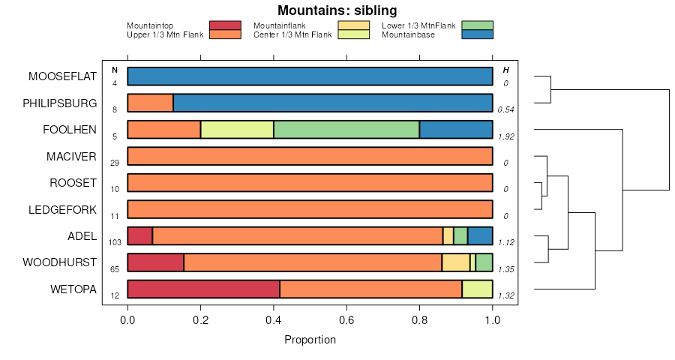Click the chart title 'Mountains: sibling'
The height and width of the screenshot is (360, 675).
337,10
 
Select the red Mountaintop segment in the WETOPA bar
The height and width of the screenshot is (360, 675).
203,289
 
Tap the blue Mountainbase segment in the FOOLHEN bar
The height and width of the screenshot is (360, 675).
456,130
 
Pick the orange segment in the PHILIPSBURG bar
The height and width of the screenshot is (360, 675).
150,103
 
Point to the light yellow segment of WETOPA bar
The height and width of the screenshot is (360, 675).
477,289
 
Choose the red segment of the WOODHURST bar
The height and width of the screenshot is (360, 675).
155,262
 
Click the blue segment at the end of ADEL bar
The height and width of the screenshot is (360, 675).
480,235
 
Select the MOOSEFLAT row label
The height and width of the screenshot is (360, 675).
62,76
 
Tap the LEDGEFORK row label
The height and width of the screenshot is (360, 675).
62,209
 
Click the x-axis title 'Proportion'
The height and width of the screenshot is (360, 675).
310,340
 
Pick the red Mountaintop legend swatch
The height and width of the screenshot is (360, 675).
225,25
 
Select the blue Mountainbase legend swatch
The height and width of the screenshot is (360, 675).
477,34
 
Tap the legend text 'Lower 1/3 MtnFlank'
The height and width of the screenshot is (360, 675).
418,25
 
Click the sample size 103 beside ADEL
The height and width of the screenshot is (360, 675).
115,242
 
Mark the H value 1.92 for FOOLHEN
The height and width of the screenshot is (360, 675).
505,136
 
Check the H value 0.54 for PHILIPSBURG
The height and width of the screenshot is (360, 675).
505,109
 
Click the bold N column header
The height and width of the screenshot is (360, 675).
115,70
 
